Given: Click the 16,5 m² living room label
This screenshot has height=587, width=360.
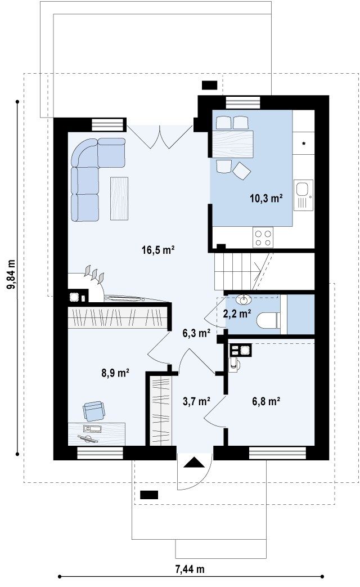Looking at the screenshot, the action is coord(158,249).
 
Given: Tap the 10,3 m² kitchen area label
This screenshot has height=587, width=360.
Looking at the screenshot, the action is coord(266,198).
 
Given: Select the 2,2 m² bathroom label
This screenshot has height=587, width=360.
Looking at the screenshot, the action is coord(237,313).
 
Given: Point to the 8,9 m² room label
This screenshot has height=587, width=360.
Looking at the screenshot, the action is coord(115,373).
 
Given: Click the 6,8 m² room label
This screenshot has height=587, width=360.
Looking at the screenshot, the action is coord(266,401).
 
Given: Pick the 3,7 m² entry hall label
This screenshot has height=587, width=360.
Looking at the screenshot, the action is coord(196,401).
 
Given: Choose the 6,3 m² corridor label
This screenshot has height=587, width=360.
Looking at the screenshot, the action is coord(196,333).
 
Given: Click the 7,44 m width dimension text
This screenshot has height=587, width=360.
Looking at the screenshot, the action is coord(190,570).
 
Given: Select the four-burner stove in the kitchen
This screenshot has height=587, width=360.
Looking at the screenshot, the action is coord(263,238).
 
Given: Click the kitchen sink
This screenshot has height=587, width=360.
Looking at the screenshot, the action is coord(303,194).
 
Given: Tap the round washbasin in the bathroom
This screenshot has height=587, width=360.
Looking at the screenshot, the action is coord(244,299).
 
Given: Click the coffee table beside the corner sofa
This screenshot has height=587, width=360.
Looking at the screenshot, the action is coord(119,199).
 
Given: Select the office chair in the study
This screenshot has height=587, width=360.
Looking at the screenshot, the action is coord(94,411).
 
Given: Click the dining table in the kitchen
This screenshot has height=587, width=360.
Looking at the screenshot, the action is coord(233,144).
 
